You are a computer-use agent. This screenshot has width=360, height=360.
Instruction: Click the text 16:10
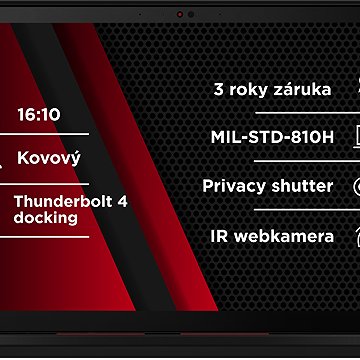click(38, 114)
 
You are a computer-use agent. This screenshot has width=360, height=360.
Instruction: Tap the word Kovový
click(49, 158)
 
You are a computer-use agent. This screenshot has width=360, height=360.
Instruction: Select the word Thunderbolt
click(59, 201)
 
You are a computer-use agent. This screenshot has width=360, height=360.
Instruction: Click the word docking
click(46, 217)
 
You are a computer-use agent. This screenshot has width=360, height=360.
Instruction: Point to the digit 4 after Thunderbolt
click(122, 201)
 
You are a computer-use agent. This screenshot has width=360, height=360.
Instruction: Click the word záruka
click(300, 89)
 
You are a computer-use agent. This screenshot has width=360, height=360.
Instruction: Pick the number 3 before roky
click(219, 89)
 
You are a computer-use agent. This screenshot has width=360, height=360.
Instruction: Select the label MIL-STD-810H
click(272, 137)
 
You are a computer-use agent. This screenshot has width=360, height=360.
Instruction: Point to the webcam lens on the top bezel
click(181, 14)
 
